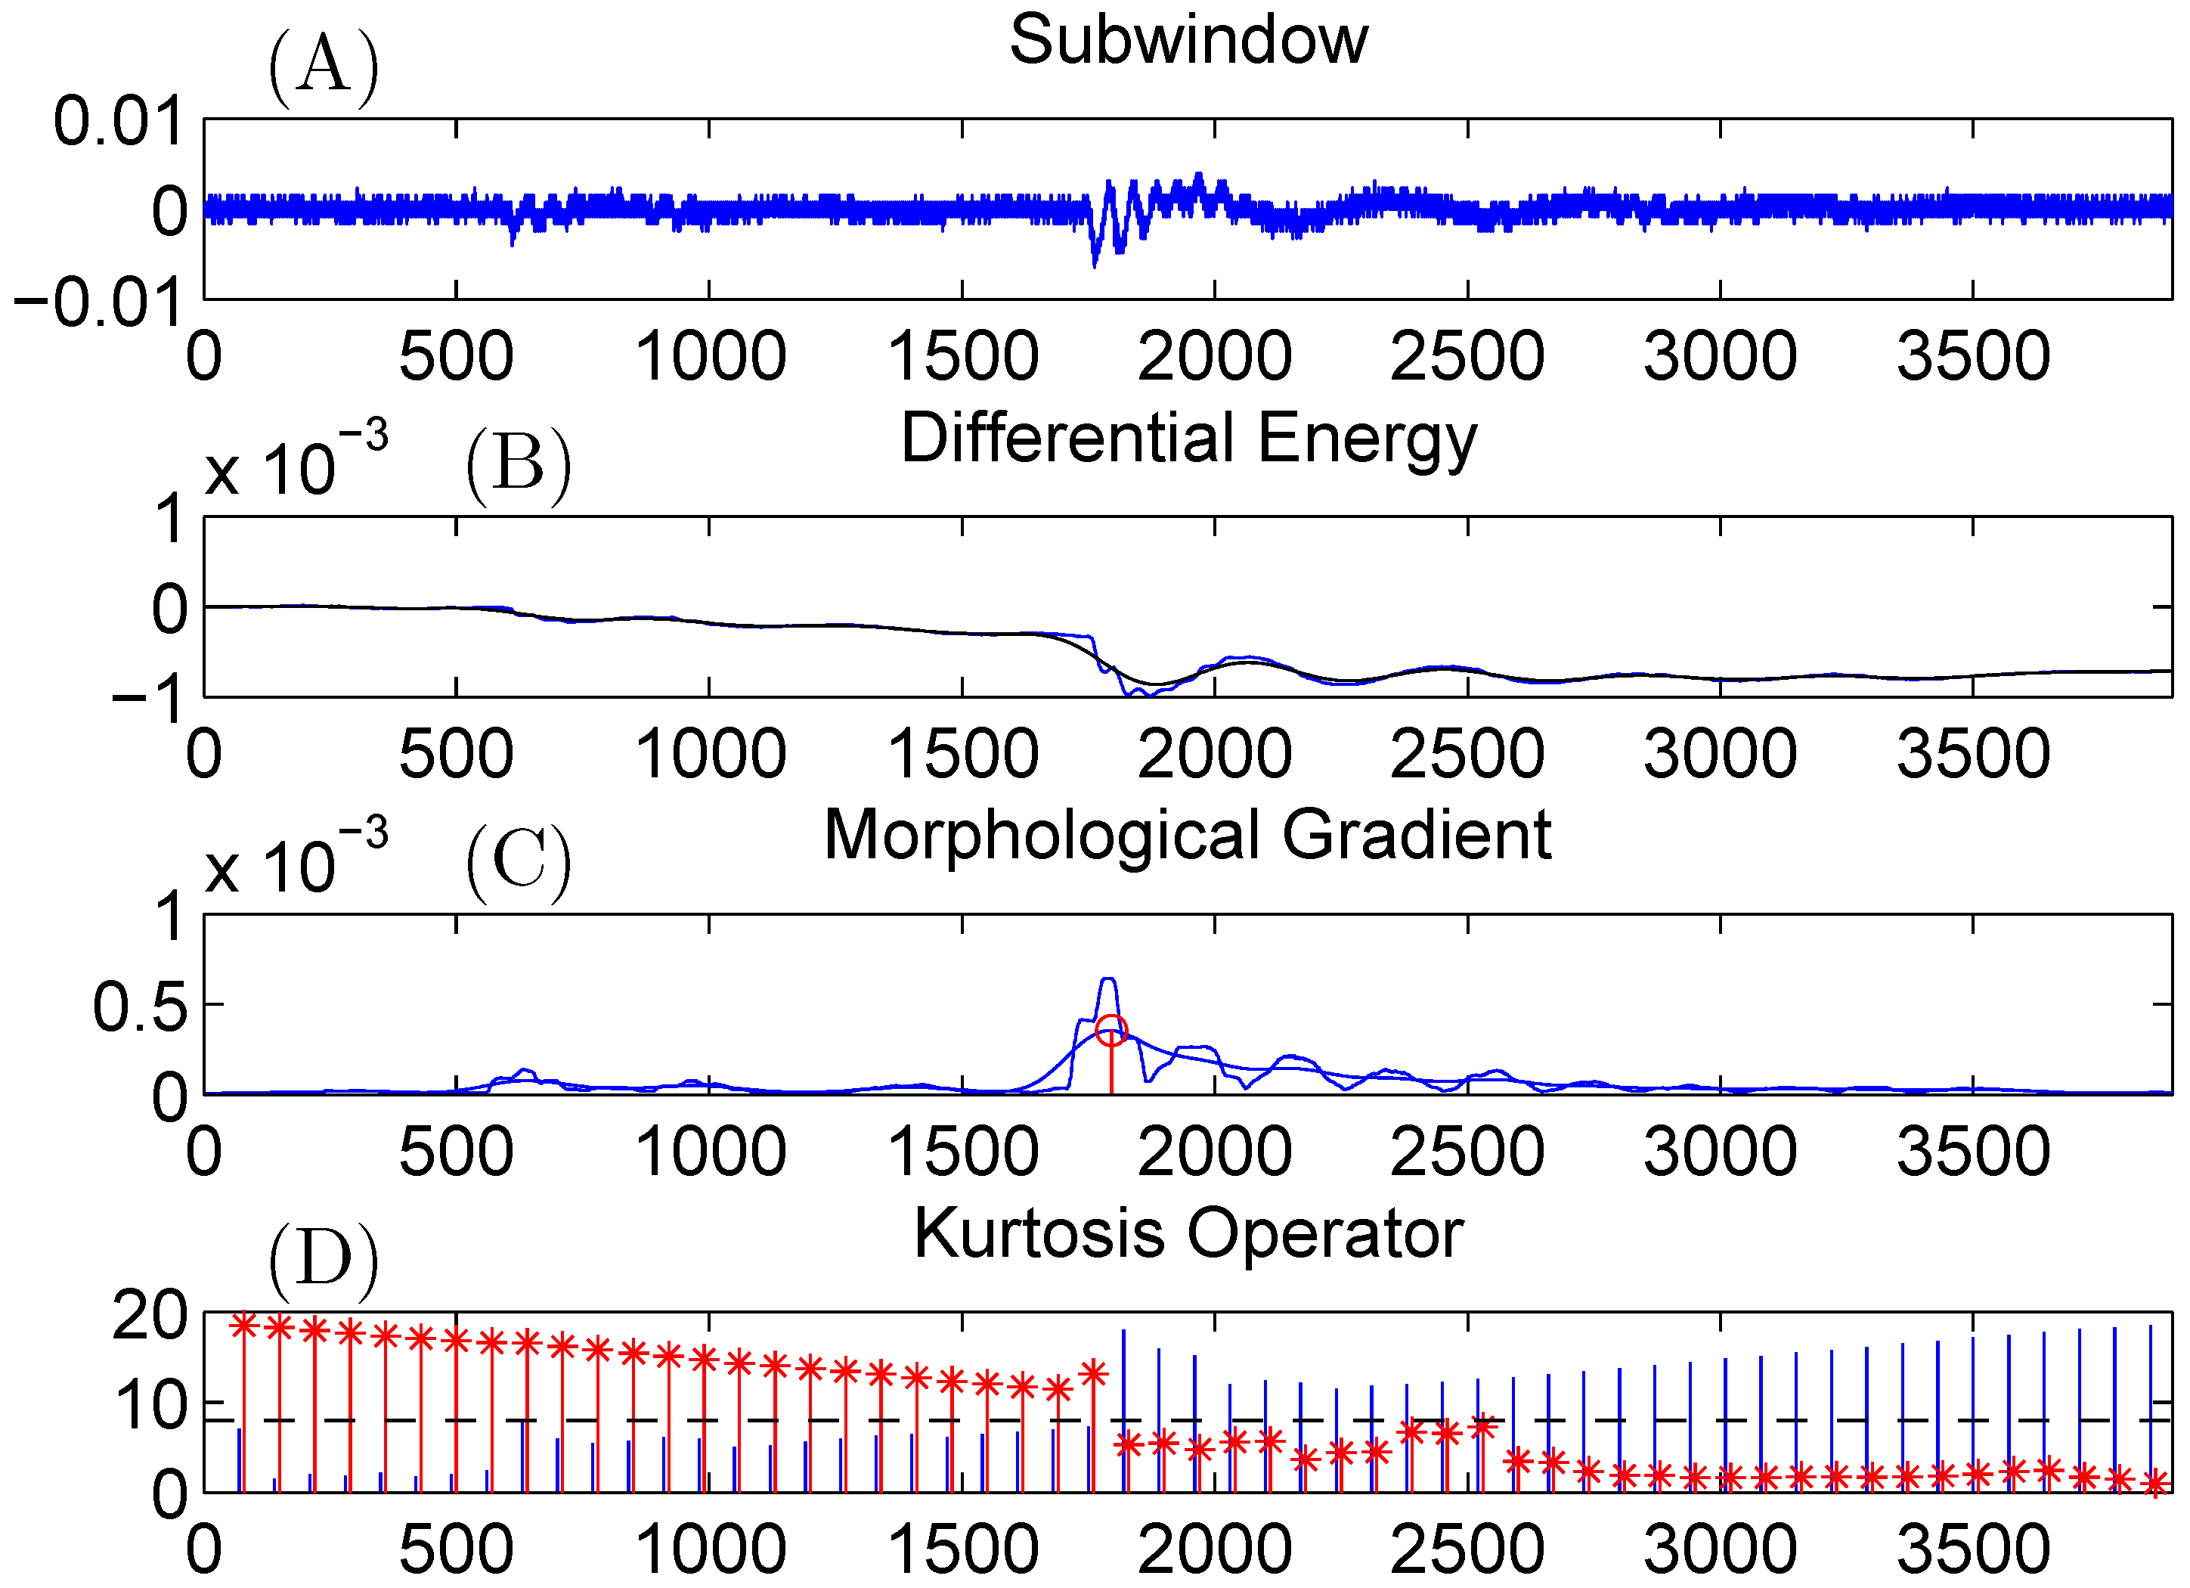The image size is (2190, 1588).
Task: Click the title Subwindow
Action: click(x=1188, y=41)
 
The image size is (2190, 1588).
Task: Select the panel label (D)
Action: click(x=323, y=1261)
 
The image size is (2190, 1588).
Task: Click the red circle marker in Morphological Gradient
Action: click(x=1111, y=1030)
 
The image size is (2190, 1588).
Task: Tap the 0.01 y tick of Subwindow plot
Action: click(x=118, y=122)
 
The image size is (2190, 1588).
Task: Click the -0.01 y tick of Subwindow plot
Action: click(x=98, y=302)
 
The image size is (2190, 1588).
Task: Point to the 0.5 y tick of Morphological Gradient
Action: click(x=140, y=1006)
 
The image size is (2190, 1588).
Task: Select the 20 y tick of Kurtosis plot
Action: click(x=150, y=1316)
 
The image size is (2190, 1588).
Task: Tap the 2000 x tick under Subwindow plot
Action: click(x=1214, y=355)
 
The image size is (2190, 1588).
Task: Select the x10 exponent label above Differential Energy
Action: click(x=296, y=464)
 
